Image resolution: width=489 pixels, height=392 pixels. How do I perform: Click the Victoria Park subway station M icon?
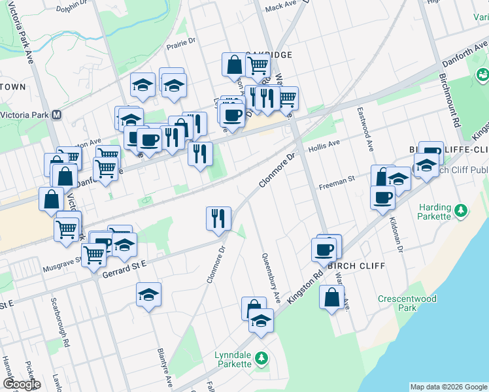tap(57, 115)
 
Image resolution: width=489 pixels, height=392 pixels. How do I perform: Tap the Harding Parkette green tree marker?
tap(462, 211)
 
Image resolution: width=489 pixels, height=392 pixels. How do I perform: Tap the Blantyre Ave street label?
tap(163, 368)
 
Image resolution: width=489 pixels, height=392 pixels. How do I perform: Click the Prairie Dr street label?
tap(182, 41)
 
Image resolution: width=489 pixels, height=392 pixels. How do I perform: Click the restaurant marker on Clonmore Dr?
tap(218, 218)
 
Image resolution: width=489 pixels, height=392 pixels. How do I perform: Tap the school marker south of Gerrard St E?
tap(149, 294)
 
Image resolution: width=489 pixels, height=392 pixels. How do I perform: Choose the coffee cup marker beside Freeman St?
tap(382, 197)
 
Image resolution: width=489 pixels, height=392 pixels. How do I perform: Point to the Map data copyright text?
tap(448, 387)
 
